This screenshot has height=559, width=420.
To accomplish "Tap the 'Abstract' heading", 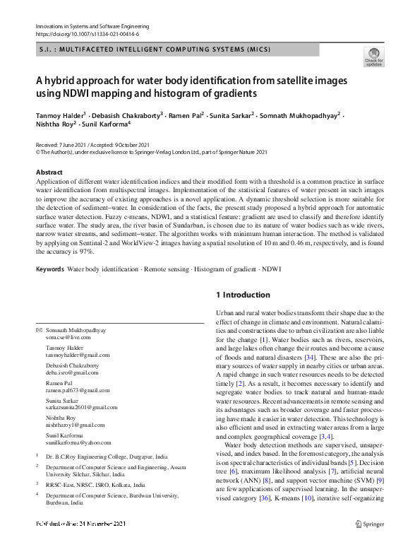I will [49, 172].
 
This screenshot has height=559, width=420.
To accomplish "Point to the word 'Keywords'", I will [50, 269].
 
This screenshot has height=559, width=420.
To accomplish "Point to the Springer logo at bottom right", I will [369, 543].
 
